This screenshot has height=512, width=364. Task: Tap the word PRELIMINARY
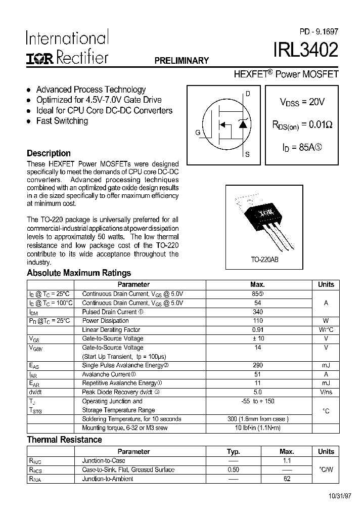181,61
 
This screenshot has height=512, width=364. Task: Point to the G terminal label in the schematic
198,133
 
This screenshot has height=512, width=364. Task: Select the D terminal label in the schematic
248,94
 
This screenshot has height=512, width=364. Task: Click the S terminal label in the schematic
247,154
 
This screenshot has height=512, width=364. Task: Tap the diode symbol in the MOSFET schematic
243,123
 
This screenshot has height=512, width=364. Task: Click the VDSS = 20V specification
302,102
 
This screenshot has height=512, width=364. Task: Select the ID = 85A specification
302,148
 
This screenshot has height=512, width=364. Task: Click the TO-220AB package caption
264,259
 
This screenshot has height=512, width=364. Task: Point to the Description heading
49,153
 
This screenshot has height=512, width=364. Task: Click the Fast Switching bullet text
62,121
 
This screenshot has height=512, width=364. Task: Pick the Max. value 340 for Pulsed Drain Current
257,312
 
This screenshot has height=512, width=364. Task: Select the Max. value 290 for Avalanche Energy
257,365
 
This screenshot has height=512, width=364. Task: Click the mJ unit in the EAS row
326,365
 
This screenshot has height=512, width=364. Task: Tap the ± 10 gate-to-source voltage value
257,338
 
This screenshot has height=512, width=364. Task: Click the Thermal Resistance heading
64,440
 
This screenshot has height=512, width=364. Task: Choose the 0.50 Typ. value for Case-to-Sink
233,470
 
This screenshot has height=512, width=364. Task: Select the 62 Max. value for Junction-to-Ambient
287,479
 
